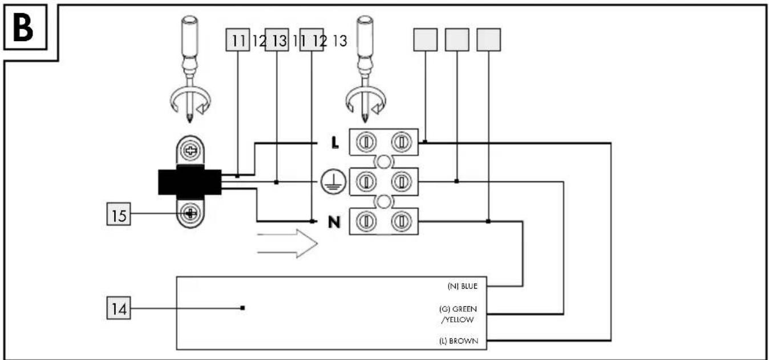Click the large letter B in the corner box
point(23,28)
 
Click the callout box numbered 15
point(119,214)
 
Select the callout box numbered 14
point(119,308)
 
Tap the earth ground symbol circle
point(333,182)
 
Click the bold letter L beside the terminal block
point(335,142)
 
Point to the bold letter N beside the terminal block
point(334,223)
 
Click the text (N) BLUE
point(463,286)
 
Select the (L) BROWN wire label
point(459,341)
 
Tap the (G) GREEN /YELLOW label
point(458,314)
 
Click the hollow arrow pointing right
point(288,244)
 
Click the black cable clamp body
point(190,182)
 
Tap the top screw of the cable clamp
point(190,150)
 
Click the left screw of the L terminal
point(366,141)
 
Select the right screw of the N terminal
point(401,221)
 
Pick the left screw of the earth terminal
point(366,181)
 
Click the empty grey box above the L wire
point(426,40)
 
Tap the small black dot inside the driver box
point(242,308)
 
